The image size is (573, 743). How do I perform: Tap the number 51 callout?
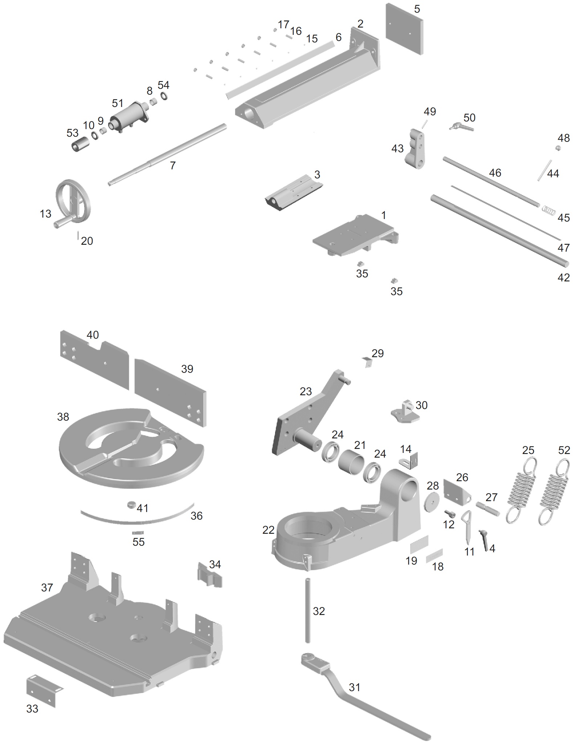(x=117, y=103)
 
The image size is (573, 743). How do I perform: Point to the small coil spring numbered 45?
(x=549, y=210)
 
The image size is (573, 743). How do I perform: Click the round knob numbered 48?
(x=558, y=148)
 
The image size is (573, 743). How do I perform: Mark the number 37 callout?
(x=47, y=587)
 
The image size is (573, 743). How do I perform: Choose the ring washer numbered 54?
(x=164, y=96)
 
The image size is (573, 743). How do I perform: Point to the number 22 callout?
(x=268, y=530)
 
